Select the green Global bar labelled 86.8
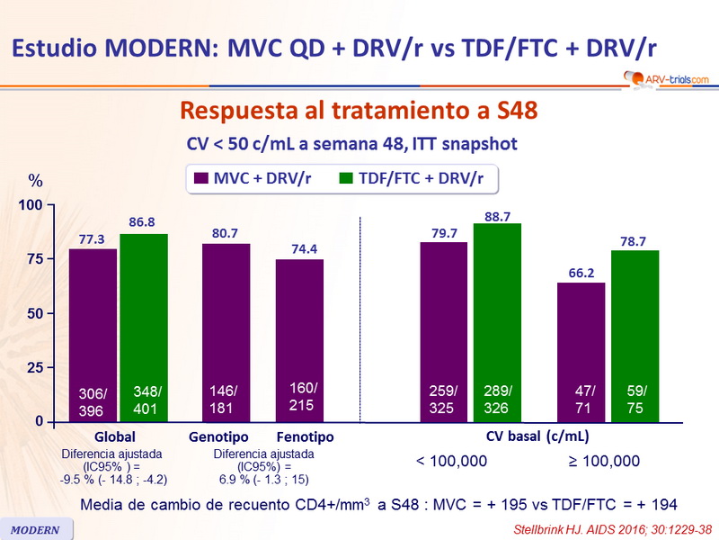click(x=144, y=328)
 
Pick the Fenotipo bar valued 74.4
click(x=299, y=340)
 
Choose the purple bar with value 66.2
click(x=581, y=352)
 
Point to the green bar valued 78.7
click(x=635, y=336)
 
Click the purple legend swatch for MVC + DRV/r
click(x=201, y=178)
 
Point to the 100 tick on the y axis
click(x=31, y=205)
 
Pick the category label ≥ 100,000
click(x=603, y=462)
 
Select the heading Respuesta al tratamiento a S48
click(x=359, y=111)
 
